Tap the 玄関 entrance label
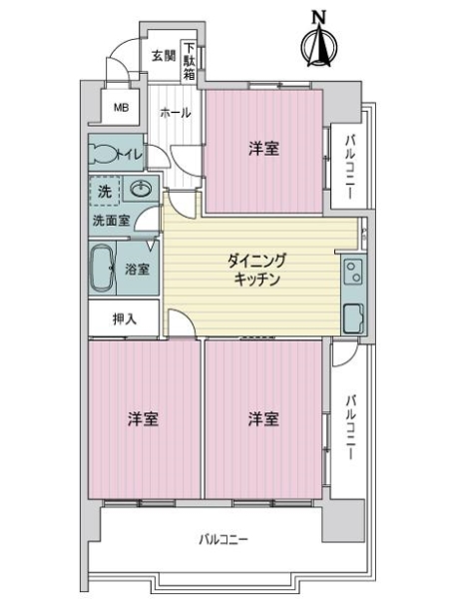click(x=164, y=56)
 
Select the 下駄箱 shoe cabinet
click(x=190, y=61)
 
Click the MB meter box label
click(x=121, y=108)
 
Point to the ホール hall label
click(x=176, y=113)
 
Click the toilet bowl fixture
click(x=103, y=154)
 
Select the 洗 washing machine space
click(x=104, y=190)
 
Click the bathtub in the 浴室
click(x=104, y=269)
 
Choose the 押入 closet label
click(x=123, y=319)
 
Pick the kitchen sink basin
click(x=353, y=318)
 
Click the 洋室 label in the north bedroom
click(x=263, y=149)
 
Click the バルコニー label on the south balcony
click(x=223, y=540)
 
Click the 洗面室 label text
click(x=111, y=220)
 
